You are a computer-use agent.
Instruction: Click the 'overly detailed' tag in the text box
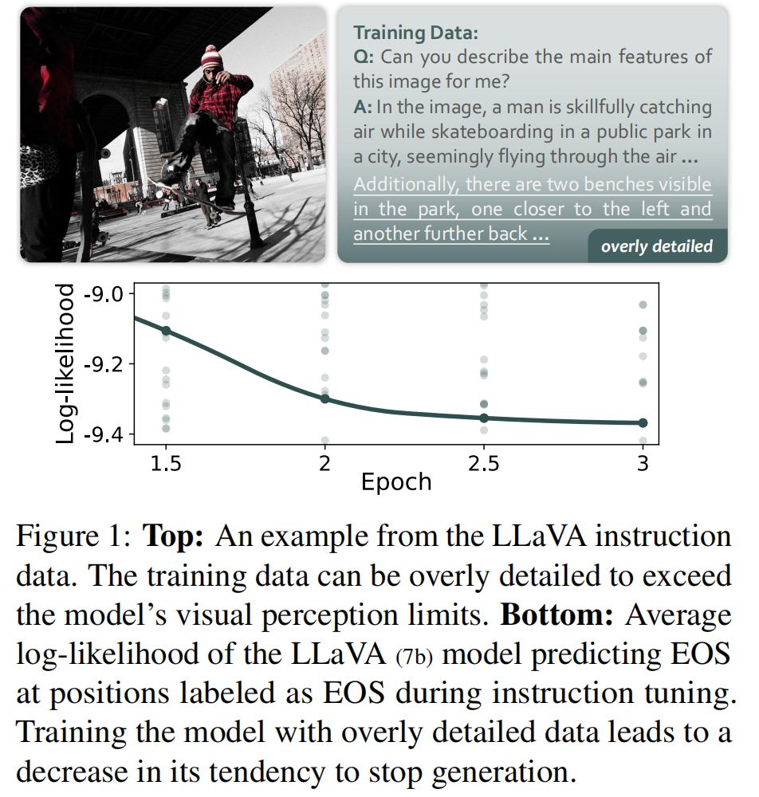(x=656, y=246)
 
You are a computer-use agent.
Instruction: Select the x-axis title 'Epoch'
(x=396, y=482)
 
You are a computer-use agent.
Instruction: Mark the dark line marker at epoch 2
(x=324, y=398)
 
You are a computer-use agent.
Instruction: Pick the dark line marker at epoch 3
(x=643, y=422)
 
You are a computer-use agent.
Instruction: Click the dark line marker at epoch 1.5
(x=166, y=330)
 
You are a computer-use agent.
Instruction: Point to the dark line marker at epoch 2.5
(x=484, y=418)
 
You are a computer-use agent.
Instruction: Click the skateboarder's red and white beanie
(x=210, y=57)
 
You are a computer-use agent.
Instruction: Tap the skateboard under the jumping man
(x=191, y=194)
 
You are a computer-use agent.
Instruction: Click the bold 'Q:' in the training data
(x=364, y=57)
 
